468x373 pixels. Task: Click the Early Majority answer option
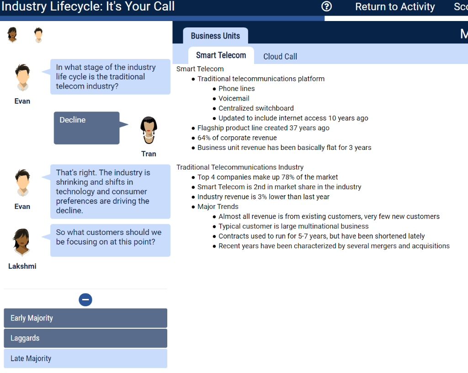tap(85, 318)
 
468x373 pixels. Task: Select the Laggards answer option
tap(85, 338)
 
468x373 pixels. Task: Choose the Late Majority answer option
tap(85, 358)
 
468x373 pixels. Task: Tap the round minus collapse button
tap(85, 300)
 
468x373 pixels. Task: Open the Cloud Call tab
tap(280, 56)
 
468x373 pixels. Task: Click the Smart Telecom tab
tap(221, 55)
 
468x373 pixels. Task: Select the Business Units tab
tap(215, 36)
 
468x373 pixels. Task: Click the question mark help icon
tap(326, 6)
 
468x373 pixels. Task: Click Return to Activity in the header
tap(395, 7)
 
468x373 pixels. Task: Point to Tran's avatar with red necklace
tap(149, 130)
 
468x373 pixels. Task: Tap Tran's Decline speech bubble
tap(87, 128)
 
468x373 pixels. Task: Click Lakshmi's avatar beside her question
tap(22, 242)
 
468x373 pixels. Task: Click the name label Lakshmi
tap(22, 266)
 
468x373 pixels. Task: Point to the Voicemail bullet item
tap(234, 98)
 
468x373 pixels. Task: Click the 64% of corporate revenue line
tap(237, 138)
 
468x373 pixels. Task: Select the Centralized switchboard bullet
tap(256, 108)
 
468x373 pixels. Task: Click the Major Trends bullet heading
tap(218, 207)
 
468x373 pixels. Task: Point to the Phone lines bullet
tap(236, 89)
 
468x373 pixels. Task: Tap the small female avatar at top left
tap(12, 35)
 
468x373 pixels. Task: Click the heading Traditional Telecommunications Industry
tap(240, 167)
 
